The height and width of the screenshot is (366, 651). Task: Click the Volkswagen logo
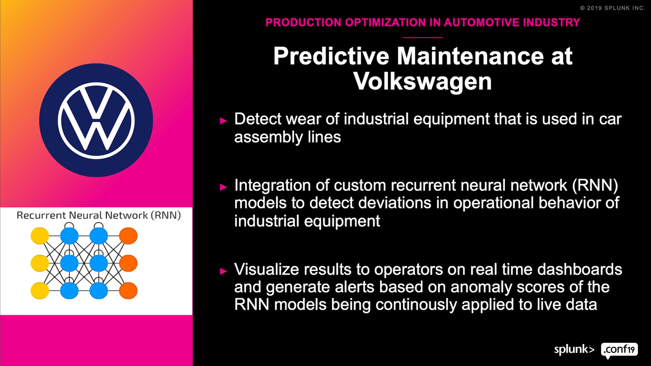pyautogui.click(x=96, y=120)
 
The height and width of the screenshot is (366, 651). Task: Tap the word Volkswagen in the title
pyautogui.click(x=423, y=81)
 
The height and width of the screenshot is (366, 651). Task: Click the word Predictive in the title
pyautogui.click(x=331, y=56)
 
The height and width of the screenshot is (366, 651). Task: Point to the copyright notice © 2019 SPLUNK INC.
pyautogui.click(x=613, y=8)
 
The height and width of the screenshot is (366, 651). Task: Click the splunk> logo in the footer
pyautogui.click(x=574, y=349)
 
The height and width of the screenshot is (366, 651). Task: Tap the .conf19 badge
pyautogui.click(x=619, y=350)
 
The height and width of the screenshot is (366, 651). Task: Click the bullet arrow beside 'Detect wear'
pyautogui.click(x=223, y=121)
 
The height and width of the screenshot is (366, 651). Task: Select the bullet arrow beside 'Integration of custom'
pyautogui.click(x=223, y=187)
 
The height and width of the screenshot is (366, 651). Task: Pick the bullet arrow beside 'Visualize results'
pyautogui.click(x=223, y=271)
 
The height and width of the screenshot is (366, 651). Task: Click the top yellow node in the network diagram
pyautogui.click(x=40, y=236)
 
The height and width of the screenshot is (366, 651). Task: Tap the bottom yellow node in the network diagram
pyautogui.click(x=40, y=290)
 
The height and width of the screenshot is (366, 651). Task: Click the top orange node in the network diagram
pyautogui.click(x=128, y=236)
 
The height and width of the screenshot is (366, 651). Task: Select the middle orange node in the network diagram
pyautogui.click(x=128, y=263)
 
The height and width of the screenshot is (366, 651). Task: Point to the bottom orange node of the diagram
pyautogui.click(x=128, y=290)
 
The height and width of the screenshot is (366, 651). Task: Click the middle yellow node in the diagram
pyautogui.click(x=40, y=263)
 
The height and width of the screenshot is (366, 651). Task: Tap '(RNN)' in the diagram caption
pyautogui.click(x=166, y=215)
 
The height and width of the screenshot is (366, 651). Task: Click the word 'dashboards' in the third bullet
pyautogui.click(x=579, y=269)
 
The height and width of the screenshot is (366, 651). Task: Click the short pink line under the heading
pyautogui.click(x=423, y=37)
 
